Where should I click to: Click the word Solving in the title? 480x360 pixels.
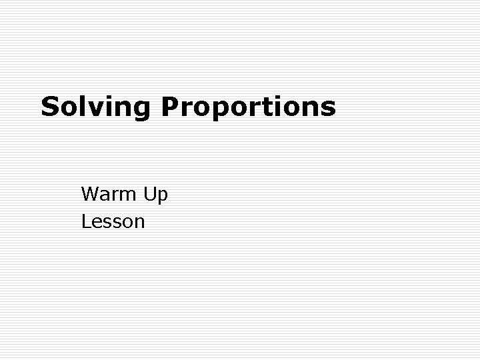(x=96, y=107)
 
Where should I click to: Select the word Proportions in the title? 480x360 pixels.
(x=247, y=107)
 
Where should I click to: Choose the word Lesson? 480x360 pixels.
(x=113, y=221)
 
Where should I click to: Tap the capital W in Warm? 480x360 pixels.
(x=90, y=194)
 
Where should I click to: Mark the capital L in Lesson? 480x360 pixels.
(x=85, y=221)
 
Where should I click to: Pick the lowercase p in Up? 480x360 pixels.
(x=163, y=197)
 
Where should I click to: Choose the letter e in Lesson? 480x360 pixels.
(x=95, y=222)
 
